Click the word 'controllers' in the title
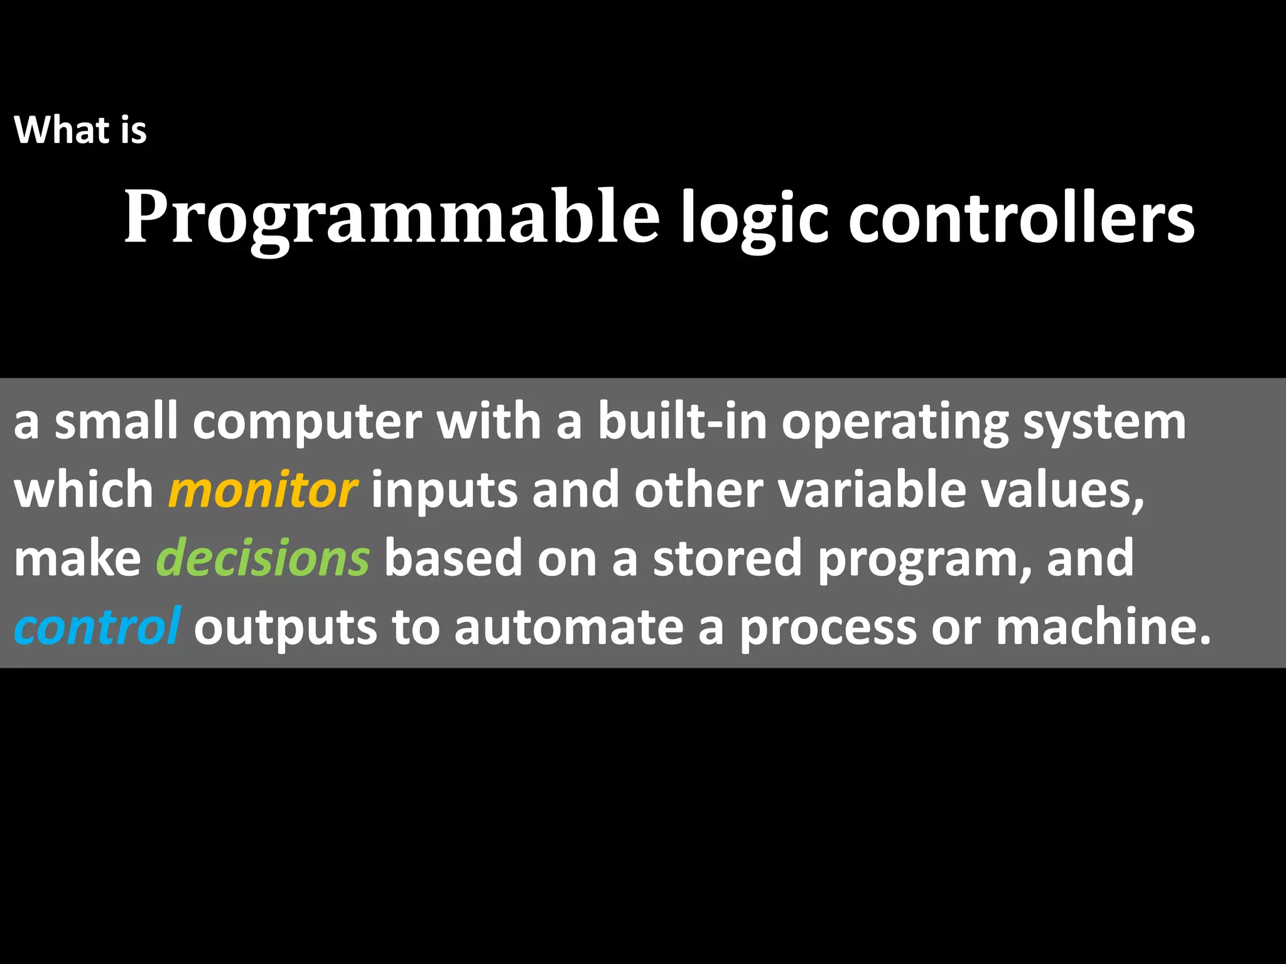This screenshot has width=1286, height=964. point(1021,217)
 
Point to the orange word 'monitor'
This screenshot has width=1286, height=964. point(263,490)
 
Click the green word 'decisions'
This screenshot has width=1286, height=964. point(262,558)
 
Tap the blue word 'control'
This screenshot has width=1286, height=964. point(97,626)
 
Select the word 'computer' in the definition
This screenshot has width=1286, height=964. point(307,422)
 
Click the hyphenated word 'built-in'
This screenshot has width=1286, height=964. point(682,422)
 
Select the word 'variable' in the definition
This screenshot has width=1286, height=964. point(872,490)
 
